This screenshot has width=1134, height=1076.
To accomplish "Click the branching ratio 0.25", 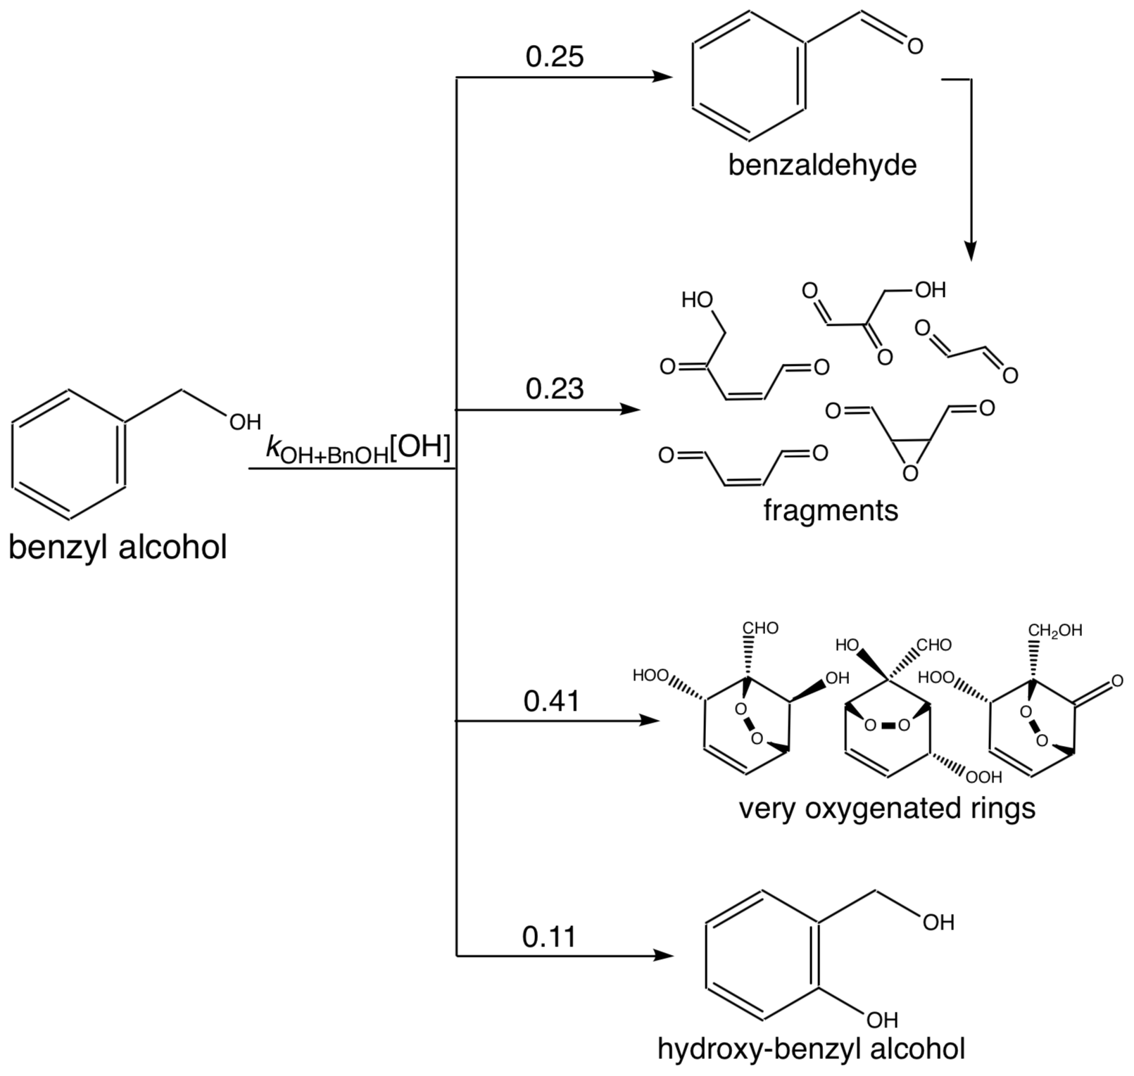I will tap(555, 57).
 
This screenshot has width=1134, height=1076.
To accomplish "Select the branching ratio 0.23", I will tap(555, 388).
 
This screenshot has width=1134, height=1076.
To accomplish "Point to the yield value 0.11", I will tap(549, 937).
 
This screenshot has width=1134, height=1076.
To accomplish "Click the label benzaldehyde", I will tap(822, 166).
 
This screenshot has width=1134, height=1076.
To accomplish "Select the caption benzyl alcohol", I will tap(118, 547).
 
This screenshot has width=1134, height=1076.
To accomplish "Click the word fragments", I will tap(831, 510).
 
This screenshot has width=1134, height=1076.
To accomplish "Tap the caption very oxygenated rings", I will tap(887, 809).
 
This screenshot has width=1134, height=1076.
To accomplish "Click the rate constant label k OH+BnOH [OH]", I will tap(358, 448).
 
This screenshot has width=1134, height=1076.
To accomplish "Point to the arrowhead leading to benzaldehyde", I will tap(664, 77).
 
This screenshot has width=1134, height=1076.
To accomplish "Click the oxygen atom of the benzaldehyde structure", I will tap(914, 46).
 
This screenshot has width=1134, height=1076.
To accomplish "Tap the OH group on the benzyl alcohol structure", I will tap(244, 422).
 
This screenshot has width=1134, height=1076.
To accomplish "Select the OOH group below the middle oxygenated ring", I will tap(983, 778).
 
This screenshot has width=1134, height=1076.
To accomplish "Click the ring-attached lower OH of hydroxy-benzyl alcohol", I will tap(881, 1019).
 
